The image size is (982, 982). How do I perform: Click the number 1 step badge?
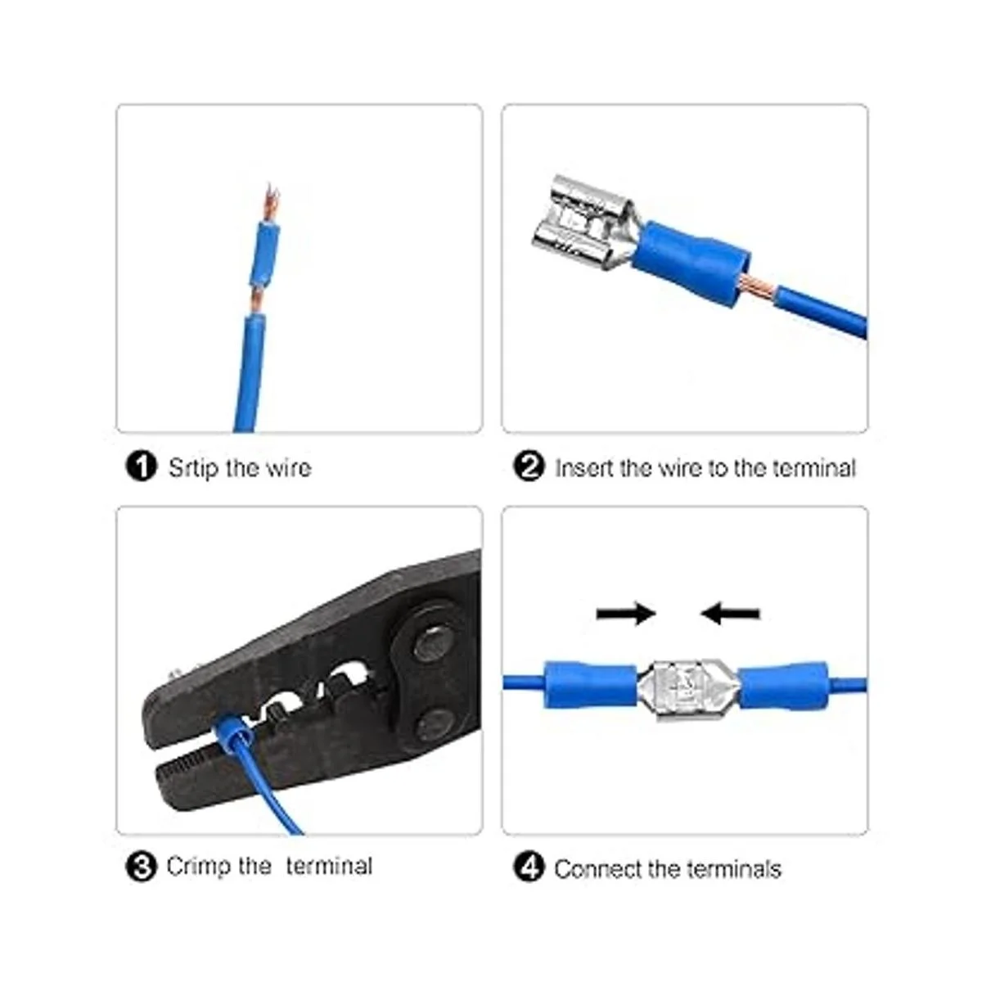[141, 466]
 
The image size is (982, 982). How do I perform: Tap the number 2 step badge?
[529, 466]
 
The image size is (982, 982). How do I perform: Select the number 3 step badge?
[141, 867]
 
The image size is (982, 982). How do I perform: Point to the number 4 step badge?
[529, 868]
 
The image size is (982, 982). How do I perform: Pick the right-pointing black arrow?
[626, 613]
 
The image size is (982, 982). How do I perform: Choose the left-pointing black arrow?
[730, 613]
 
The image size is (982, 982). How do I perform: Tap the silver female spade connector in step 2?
[583, 221]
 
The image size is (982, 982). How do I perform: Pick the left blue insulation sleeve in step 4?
[591, 685]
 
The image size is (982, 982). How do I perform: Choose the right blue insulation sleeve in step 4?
[782, 685]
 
